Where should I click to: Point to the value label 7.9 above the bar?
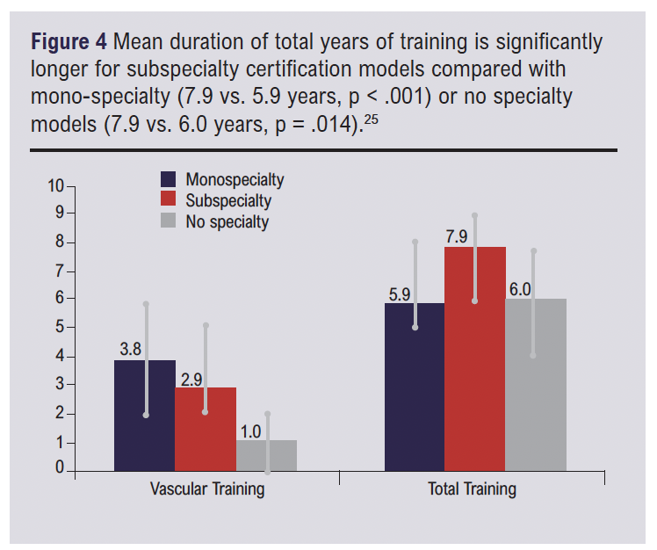click(x=457, y=236)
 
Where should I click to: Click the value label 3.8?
click(x=130, y=349)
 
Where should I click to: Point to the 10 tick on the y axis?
click(x=56, y=186)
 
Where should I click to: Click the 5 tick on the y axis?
click(x=60, y=328)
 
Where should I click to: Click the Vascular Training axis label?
click(x=206, y=489)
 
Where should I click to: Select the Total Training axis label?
click(x=472, y=489)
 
